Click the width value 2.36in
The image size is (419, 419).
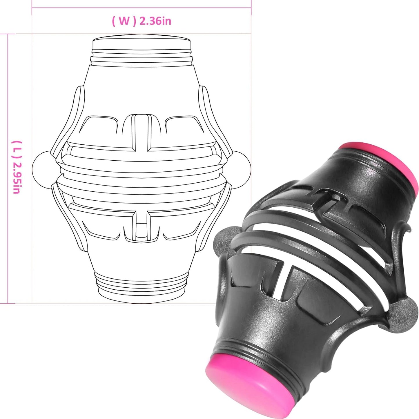click(x=155, y=21)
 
